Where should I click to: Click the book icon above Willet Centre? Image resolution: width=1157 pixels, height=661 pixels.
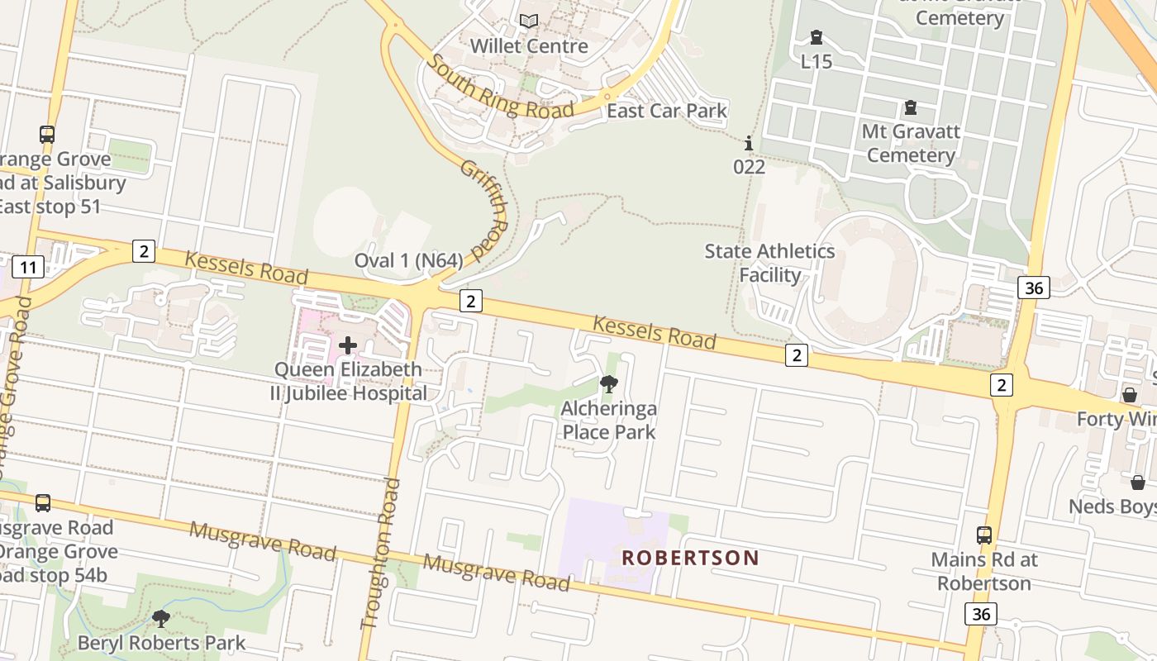coord(529,21)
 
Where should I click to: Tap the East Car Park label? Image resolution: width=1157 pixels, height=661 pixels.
coord(666,111)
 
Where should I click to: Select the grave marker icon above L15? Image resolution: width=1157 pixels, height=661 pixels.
coord(817,37)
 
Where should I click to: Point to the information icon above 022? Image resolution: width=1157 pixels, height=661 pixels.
coord(749,143)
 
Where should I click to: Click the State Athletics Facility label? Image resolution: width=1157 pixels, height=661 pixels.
coord(769,263)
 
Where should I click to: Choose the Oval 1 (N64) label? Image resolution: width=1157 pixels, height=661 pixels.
coord(408,260)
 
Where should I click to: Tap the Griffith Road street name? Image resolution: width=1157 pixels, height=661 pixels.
coord(483,208)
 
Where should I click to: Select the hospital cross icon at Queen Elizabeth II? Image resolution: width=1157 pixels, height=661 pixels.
coord(348,345)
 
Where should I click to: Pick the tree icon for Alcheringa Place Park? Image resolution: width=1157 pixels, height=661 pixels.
coord(608,383)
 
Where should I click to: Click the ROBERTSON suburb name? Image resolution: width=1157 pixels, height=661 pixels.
coord(690,558)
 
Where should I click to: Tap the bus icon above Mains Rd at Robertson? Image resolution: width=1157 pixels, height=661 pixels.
coord(983,535)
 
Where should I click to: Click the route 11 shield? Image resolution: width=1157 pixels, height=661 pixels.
coord(28,267)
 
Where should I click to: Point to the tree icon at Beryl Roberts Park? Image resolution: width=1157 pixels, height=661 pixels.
coord(161,618)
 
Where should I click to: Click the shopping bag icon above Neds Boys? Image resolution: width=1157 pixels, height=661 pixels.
coord(1138,482)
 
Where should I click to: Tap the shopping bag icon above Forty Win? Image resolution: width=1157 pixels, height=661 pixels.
coord(1129,395)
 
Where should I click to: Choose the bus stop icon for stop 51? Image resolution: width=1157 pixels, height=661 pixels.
coord(47,134)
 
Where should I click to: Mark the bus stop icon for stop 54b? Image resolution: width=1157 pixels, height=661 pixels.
coord(43,502)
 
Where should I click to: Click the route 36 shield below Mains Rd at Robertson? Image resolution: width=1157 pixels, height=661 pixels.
coord(980,614)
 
